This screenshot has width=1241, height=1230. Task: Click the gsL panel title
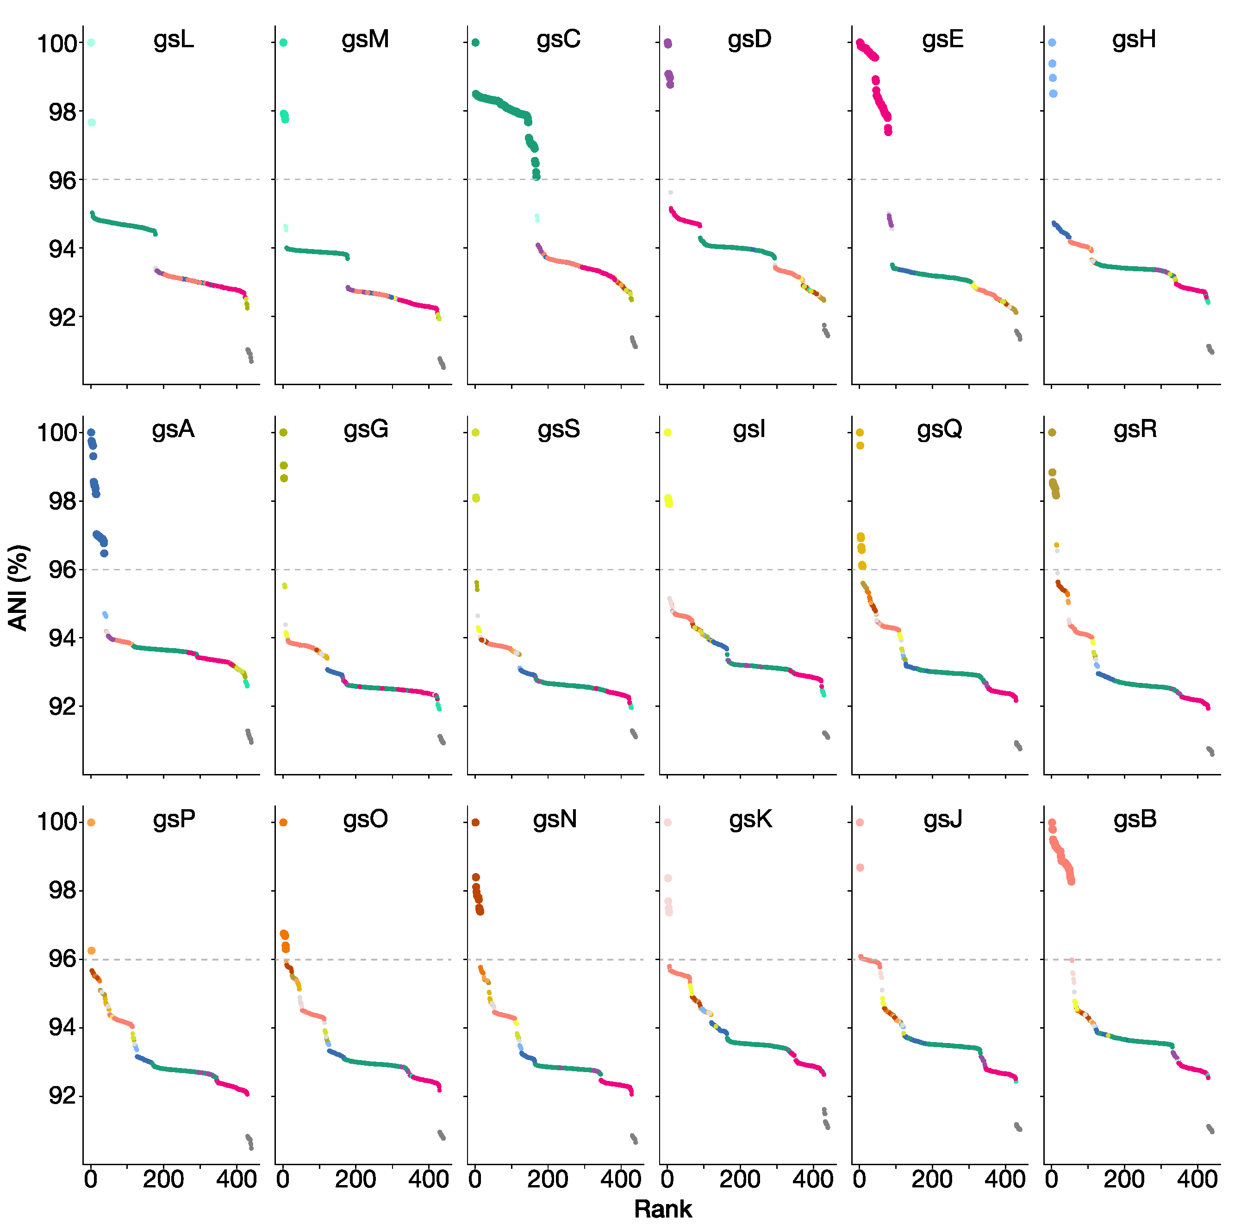pyautogui.click(x=174, y=40)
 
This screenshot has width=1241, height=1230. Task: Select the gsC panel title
pyautogui.click(x=558, y=40)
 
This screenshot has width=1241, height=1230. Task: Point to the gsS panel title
pyautogui.click(x=558, y=429)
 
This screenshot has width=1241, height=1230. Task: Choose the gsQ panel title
pyautogui.click(x=939, y=429)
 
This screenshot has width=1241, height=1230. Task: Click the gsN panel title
pyautogui.click(x=555, y=819)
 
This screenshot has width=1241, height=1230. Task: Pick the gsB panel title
pyautogui.click(x=1135, y=819)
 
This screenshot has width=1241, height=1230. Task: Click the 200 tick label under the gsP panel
pyautogui.click(x=163, y=1179)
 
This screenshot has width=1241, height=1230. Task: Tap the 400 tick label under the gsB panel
pyautogui.click(x=1197, y=1179)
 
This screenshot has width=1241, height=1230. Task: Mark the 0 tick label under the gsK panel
pyautogui.click(x=667, y=1179)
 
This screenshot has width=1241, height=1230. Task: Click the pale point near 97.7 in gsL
pyautogui.click(x=91, y=122)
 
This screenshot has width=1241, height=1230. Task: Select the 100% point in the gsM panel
pyautogui.click(x=283, y=43)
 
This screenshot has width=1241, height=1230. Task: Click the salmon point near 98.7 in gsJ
pyautogui.click(x=860, y=868)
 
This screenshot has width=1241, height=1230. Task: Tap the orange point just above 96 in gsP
pyautogui.click(x=91, y=950)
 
